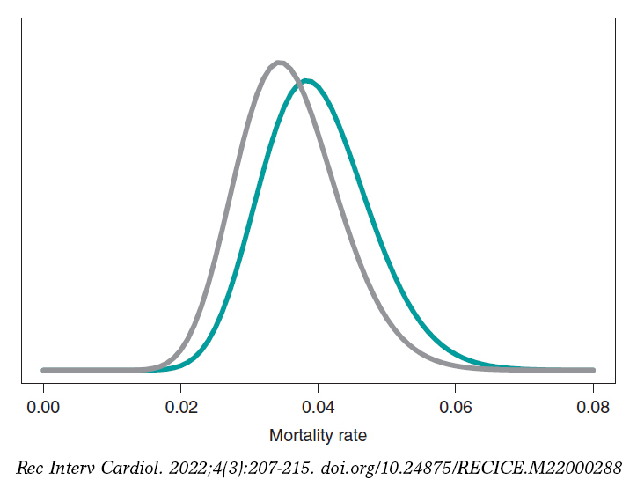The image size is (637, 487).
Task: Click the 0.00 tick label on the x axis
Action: click(x=43, y=408)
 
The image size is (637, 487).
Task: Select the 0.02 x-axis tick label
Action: click(x=180, y=408)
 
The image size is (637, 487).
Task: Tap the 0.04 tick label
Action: click(x=318, y=408)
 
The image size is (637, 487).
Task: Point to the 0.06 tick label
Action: click(x=455, y=408)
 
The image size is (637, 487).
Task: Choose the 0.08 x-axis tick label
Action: click(x=592, y=408)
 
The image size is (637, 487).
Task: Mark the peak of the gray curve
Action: click(x=279, y=63)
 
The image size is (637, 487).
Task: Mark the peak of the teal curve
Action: click(x=305, y=81)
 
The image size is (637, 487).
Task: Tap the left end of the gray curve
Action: click(x=43, y=370)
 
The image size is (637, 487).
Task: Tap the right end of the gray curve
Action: click(x=592, y=370)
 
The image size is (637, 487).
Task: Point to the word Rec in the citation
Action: click(x=30, y=467)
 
